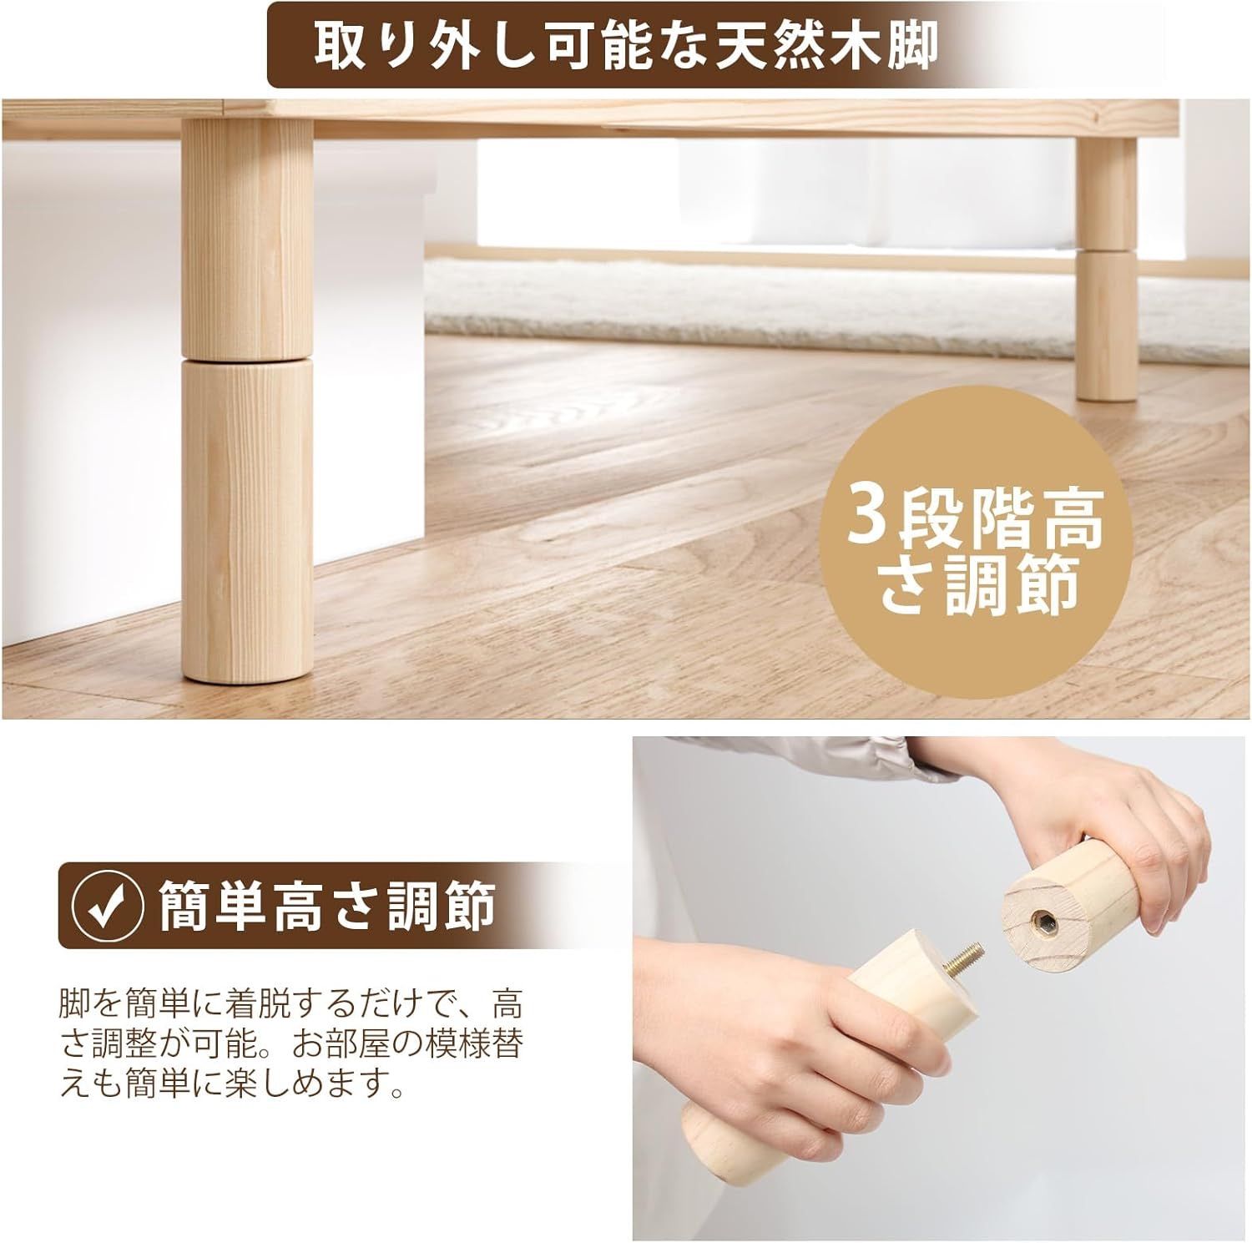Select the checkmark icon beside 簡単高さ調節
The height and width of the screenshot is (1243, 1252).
[103, 906]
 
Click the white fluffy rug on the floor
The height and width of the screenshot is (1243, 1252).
[751, 306]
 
